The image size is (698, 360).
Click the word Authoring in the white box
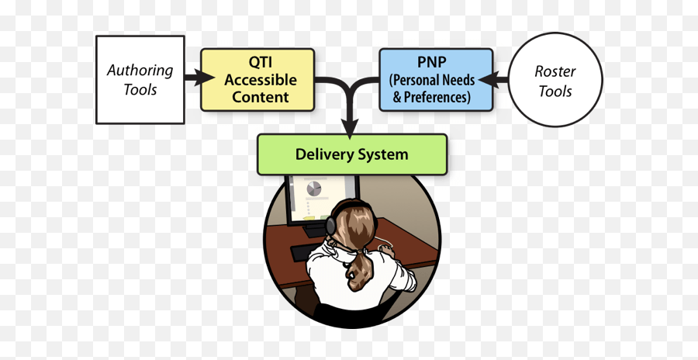[140, 71]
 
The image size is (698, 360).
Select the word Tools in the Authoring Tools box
[140, 90]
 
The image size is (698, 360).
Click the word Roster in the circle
[555, 72]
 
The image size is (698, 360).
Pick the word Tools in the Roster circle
[555, 92]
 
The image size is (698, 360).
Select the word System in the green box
[381, 154]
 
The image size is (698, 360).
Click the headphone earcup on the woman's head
[333, 225]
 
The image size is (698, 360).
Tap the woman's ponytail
[358, 268]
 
